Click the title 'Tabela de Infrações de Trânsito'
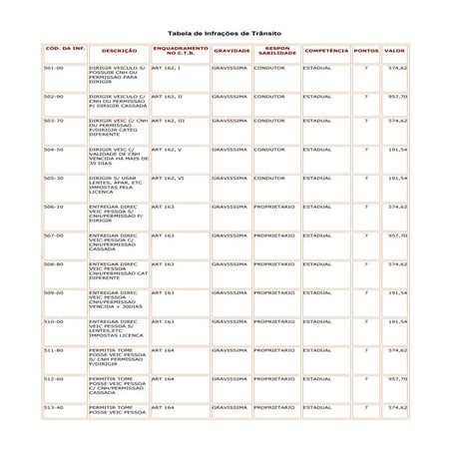[x=225, y=31]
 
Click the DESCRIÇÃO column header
[x=118, y=49]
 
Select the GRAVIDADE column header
[x=231, y=49]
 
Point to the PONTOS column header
[x=366, y=49]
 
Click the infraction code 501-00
[x=54, y=68]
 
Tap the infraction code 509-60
[x=54, y=292]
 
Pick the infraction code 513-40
[x=54, y=407]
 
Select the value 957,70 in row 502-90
[x=397, y=97]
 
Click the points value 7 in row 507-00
[x=366, y=235]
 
